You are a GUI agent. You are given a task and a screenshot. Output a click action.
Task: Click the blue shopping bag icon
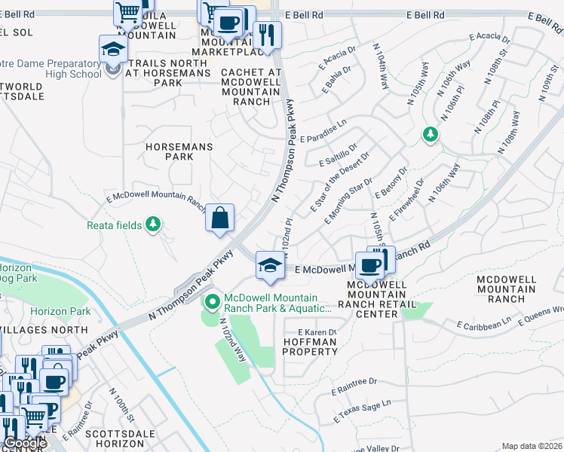[x=219, y=218]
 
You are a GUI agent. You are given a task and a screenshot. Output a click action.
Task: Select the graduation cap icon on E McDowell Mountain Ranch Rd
[x=270, y=265]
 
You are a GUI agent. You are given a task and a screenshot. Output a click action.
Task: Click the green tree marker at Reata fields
[x=153, y=224]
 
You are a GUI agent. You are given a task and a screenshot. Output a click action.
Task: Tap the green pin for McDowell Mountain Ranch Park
[x=213, y=303]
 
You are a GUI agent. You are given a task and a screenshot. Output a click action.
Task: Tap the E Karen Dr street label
[x=316, y=332]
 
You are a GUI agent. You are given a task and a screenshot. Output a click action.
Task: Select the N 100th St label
[x=121, y=406]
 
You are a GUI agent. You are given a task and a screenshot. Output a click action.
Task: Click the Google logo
[x=25, y=443]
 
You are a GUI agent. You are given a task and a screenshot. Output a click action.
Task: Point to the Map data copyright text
[x=532, y=446]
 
